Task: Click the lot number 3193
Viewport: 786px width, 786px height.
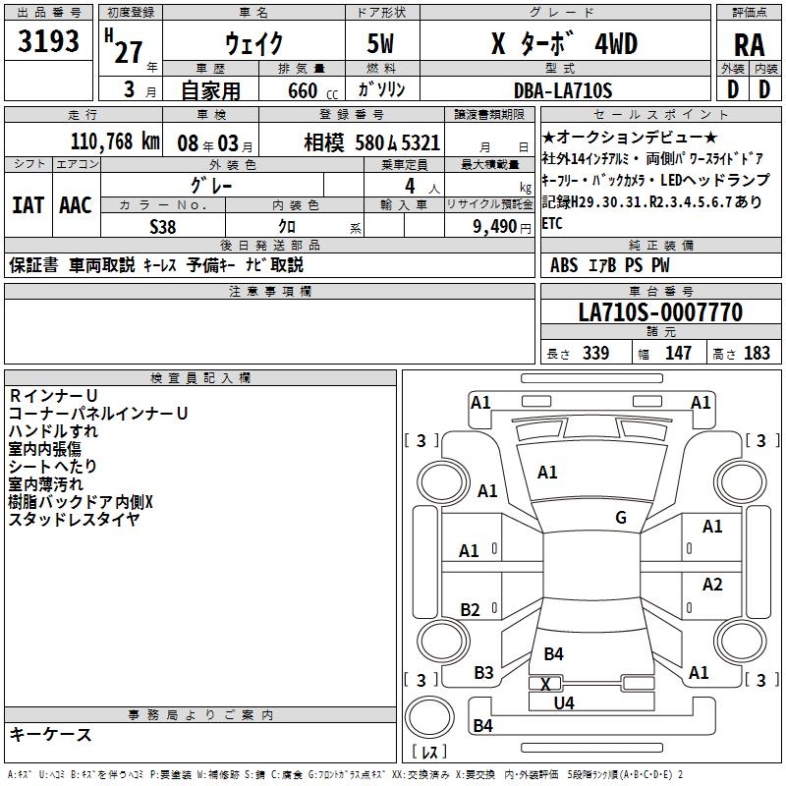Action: [48, 43]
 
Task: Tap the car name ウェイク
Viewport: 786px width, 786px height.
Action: [253, 44]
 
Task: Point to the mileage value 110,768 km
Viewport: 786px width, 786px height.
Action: [115, 141]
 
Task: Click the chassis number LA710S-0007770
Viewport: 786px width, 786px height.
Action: [659, 312]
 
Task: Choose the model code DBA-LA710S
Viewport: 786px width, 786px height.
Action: [563, 90]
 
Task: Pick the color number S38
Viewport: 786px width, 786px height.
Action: [163, 226]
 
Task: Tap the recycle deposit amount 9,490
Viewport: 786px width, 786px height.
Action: [494, 226]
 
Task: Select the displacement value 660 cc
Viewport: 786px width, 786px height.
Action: [297, 90]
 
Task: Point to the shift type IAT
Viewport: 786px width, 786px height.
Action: [28, 204]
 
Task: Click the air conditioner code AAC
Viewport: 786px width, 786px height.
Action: [75, 204]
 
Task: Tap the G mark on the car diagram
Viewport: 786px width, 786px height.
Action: [621, 518]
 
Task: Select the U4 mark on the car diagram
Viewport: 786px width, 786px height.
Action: [563, 702]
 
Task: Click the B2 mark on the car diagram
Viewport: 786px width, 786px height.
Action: [471, 609]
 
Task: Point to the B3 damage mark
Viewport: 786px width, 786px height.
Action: [483, 673]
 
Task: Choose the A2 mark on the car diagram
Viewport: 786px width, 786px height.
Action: [712, 585]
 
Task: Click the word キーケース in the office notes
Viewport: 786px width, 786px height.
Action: [51, 734]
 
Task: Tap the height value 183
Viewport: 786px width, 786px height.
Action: [758, 354]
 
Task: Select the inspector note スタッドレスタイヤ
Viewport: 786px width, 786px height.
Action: [74, 520]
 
